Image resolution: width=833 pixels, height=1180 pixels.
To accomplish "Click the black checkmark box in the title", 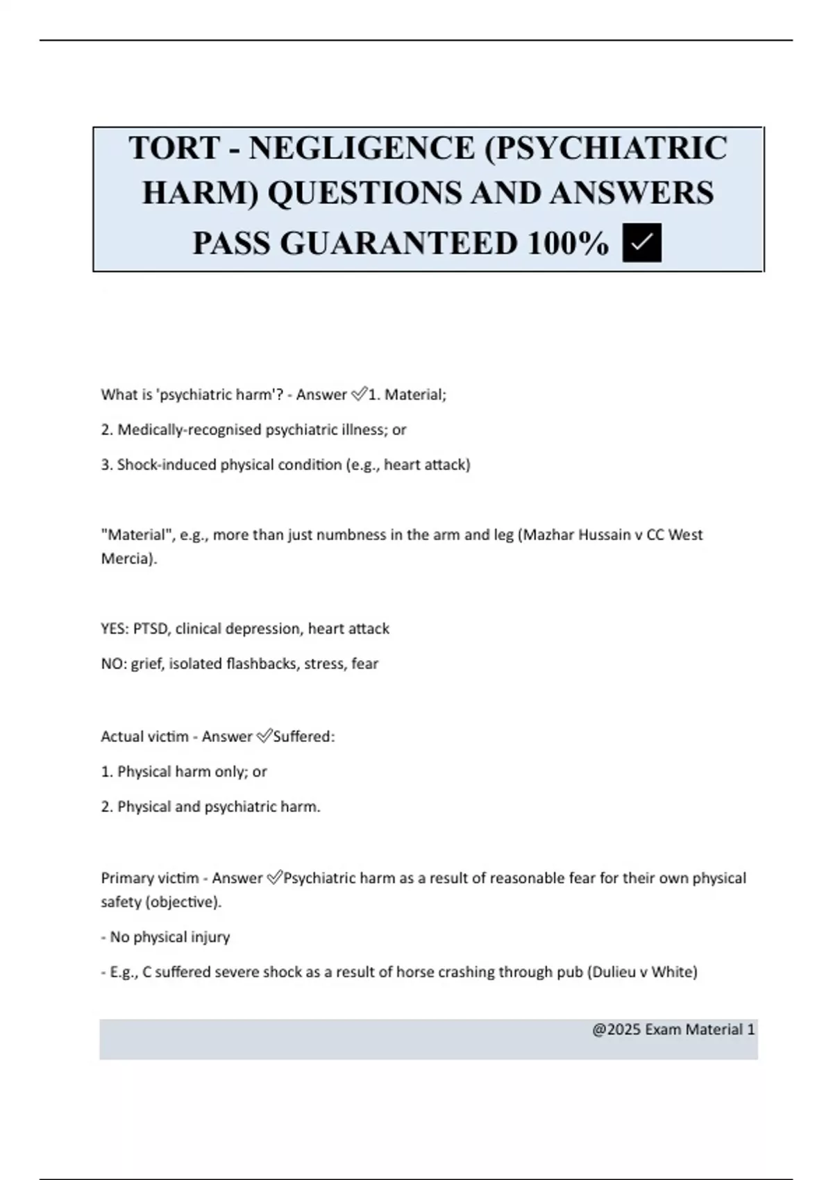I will click(x=642, y=243).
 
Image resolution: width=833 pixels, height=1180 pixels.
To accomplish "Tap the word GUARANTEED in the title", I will click(x=398, y=243).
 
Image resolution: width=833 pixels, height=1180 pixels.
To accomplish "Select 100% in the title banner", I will click(x=568, y=243).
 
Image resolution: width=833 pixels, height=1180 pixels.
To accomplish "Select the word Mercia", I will click(x=127, y=558).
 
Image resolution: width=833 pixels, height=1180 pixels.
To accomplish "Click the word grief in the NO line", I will click(x=146, y=664).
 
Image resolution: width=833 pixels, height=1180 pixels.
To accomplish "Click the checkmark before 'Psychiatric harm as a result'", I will click(x=274, y=878).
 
